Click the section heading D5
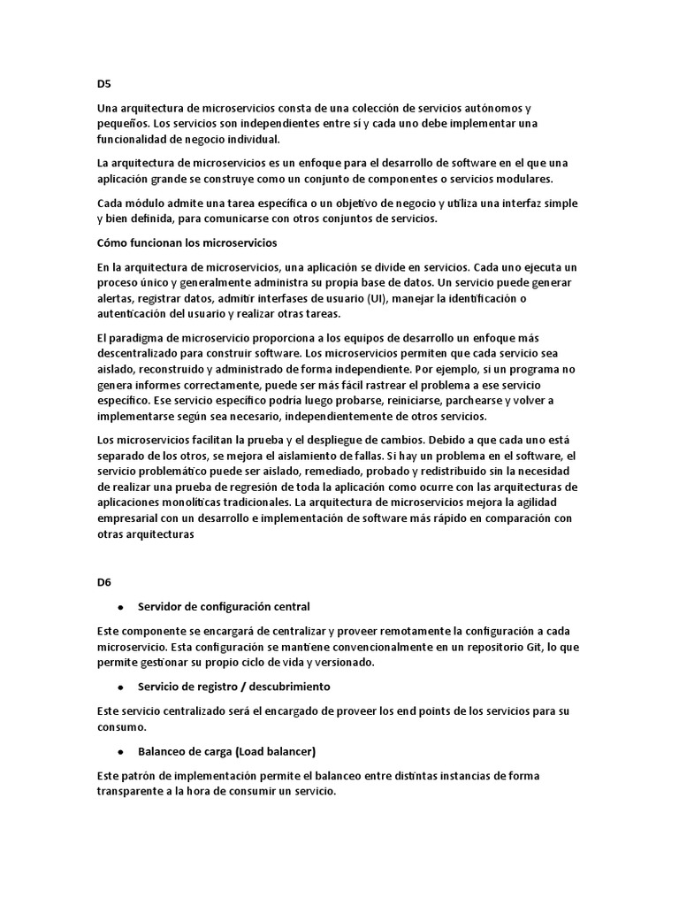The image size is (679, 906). click(x=104, y=84)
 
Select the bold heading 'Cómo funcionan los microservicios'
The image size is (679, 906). click(x=187, y=242)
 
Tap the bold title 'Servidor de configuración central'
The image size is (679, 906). click(x=224, y=606)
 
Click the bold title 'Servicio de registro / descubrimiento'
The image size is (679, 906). click(x=234, y=687)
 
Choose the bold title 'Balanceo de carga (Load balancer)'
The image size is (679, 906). click(x=226, y=751)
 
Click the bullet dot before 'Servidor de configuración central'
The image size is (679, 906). click(x=119, y=607)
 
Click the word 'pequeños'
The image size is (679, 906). click(x=122, y=123)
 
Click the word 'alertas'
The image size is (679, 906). click(x=116, y=298)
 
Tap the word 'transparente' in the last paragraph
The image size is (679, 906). click(x=132, y=792)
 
